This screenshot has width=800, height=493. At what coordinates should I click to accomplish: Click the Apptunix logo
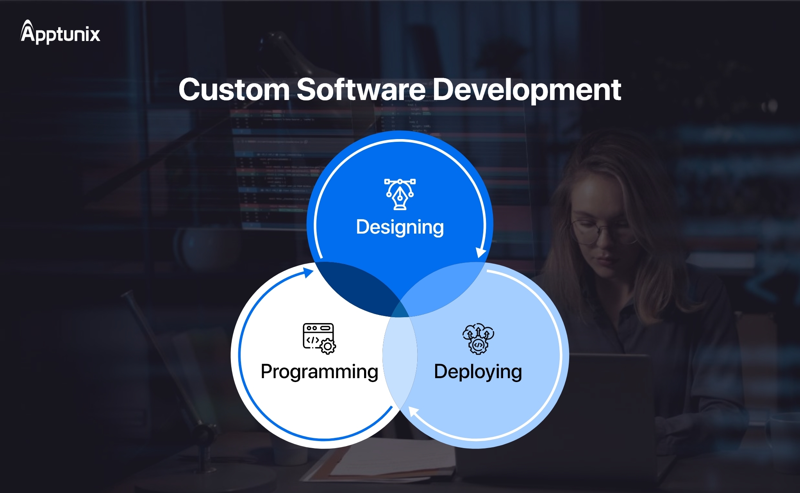point(61,33)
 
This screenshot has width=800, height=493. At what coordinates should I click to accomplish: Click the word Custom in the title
point(234,90)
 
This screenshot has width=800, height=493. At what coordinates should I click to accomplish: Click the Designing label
point(400,227)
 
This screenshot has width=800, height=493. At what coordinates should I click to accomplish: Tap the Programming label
point(319,372)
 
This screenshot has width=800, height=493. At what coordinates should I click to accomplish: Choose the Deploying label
point(478,372)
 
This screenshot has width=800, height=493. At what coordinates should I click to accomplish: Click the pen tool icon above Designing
point(400,194)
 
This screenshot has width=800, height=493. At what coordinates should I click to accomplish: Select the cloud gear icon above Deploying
point(478,338)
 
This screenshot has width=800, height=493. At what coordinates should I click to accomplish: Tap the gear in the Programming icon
point(328,347)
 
